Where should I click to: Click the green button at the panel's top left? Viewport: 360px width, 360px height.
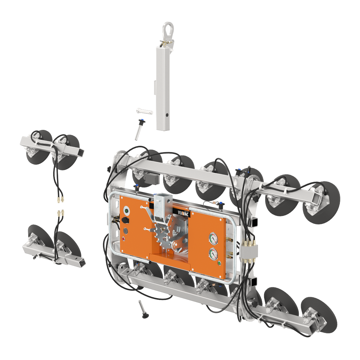click(x=126, y=211)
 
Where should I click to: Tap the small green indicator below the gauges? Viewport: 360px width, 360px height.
click(x=219, y=264)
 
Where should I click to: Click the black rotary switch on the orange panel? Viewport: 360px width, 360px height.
click(x=125, y=220)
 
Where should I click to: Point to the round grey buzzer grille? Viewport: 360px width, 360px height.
click(x=125, y=231)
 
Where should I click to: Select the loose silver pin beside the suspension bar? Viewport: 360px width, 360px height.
click(x=144, y=111)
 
